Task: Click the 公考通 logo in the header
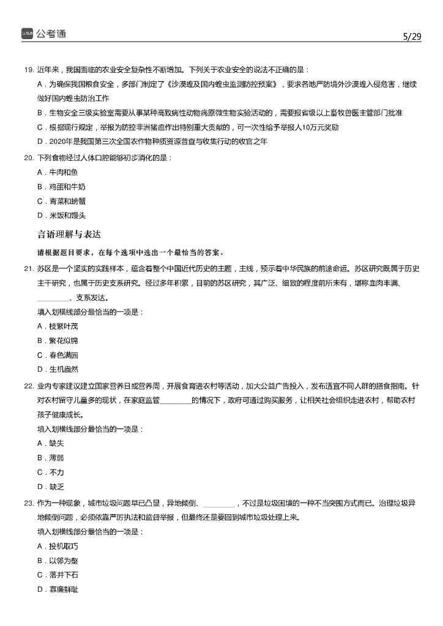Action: tap(43, 34)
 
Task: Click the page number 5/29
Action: tap(412, 36)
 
